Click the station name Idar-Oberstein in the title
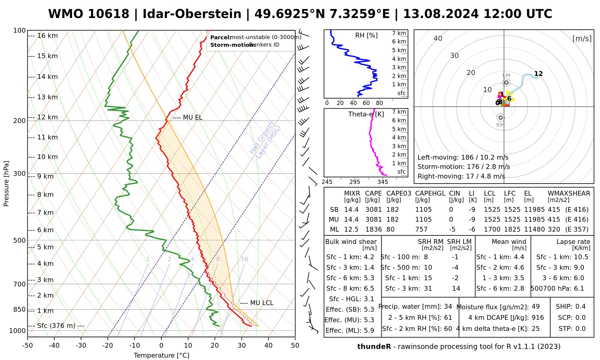192,14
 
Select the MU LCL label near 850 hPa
262,303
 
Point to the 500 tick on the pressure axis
20,240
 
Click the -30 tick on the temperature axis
81,346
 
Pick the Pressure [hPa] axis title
6,184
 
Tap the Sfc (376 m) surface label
56,326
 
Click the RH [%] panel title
366,35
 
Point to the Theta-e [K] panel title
366,114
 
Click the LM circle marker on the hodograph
506,82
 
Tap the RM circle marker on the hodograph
500,118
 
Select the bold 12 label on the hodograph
538,74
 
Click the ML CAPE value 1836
373,229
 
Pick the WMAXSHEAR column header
569,193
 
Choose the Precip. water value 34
448,307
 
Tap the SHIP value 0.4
580,307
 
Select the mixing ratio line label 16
244,259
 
